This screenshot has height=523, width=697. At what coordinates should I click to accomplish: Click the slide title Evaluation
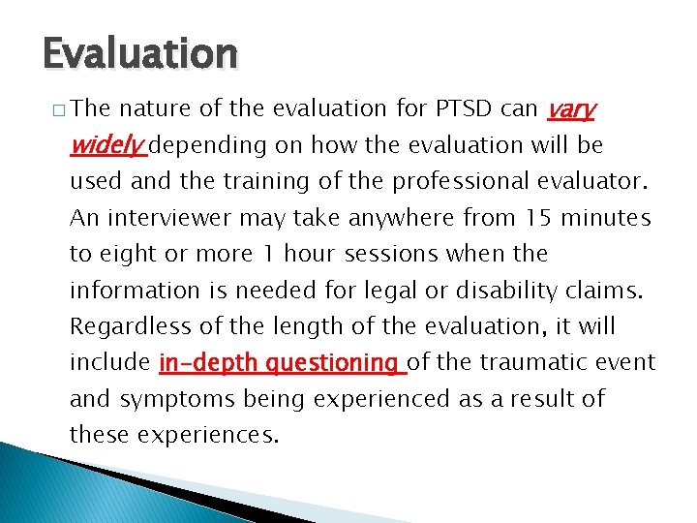[x=139, y=54]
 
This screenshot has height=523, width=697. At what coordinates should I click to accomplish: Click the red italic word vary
[x=570, y=109]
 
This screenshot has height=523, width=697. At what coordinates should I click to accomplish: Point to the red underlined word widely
[x=107, y=145]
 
